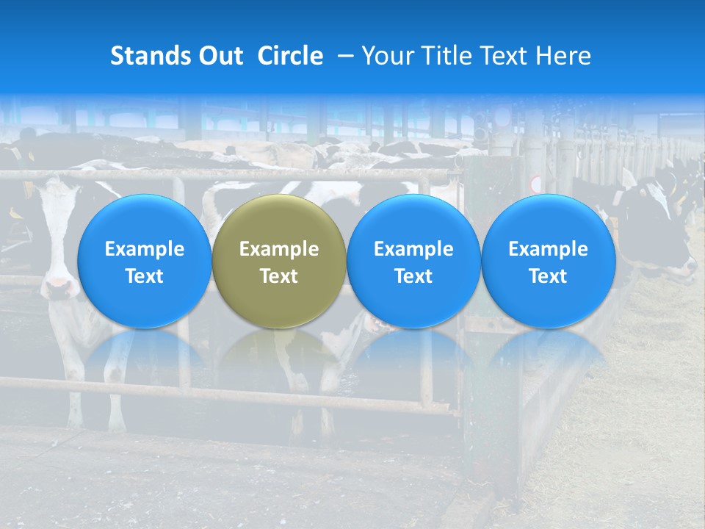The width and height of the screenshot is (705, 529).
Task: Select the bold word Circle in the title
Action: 290,56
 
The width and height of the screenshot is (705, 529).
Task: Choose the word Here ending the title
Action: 563,56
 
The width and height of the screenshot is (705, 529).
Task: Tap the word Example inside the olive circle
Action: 279,249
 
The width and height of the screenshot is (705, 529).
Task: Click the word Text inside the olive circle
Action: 279,276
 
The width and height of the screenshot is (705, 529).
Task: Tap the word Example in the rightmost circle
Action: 548,249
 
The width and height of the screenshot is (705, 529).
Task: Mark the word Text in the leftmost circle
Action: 144,276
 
